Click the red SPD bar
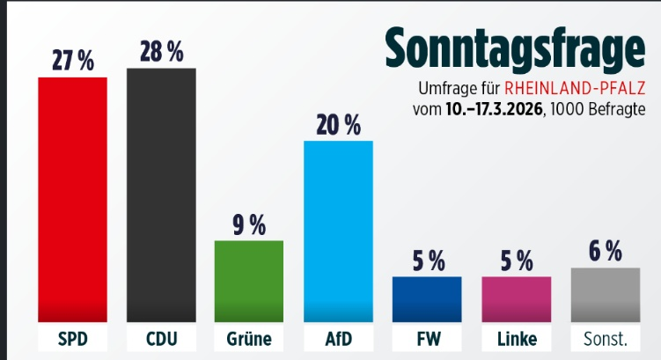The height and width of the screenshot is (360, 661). pos(72,199)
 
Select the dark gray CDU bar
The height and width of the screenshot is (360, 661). pos(161,194)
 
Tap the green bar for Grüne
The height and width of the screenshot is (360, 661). pos(249,280)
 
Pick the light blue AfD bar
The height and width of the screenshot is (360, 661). pos(338,231)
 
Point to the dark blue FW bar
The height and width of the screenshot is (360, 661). pos(427,298)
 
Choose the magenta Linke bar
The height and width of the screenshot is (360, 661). pos(516,298)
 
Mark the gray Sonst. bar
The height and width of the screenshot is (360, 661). pos(605,294)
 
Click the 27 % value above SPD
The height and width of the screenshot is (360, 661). pos(72,61)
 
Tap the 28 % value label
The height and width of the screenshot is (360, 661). pos(161,52)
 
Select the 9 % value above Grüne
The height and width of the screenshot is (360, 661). pos(249,224)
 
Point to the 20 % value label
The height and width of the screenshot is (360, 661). pos(338,125)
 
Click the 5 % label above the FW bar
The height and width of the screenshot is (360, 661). pos(427,261)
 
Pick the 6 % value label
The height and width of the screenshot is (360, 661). pos(605,252)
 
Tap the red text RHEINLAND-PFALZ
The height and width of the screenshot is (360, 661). pos(576,89)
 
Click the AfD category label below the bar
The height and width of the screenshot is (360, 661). pos(338,339)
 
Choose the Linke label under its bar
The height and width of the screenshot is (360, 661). pos(516,339)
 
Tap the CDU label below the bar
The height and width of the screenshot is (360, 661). pos(161,339)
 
